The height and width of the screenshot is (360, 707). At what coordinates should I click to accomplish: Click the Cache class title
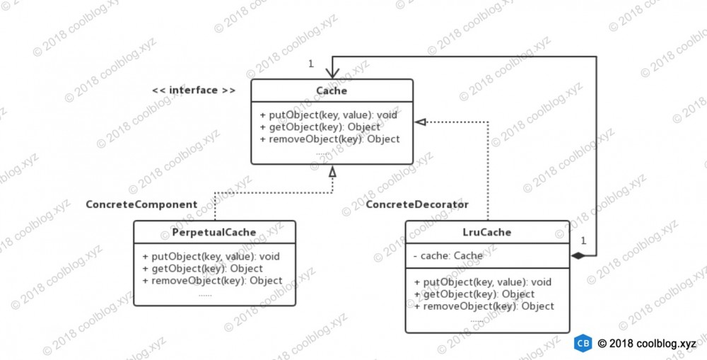point(332,91)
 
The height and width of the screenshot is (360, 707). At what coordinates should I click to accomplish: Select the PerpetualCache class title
point(214,232)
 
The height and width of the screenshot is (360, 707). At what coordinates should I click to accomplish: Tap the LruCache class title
point(487,232)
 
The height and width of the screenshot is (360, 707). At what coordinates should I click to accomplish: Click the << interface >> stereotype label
point(194,91)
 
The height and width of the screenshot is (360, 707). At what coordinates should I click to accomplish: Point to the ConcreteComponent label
point(141,204)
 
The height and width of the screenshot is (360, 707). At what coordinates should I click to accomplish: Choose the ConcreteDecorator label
point(417,204)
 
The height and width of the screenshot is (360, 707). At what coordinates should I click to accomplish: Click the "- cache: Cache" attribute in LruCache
point(448,256)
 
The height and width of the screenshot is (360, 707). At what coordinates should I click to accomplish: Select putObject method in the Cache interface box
point(329,115)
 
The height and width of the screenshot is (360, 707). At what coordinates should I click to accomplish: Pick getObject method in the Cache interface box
point(320,127)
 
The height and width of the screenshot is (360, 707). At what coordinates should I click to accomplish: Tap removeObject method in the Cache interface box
point(329,139)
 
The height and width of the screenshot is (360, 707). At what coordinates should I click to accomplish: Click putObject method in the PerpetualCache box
point(211,257)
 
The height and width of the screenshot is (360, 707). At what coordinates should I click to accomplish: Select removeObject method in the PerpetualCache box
point(212,281)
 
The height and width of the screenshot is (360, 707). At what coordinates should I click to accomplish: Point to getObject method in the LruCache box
point(474,295)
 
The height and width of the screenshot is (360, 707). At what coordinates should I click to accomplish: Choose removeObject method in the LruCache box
point(484,306)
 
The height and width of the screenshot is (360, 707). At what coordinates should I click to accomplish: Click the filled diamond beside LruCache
point(578,256)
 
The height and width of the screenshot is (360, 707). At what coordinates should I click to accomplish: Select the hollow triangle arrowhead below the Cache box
point(332,171)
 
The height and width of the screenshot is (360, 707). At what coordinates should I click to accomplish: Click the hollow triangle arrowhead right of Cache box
point(420,122)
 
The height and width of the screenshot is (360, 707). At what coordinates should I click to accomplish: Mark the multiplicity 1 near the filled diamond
point(583,241)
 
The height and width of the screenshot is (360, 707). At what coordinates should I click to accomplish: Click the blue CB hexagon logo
point(583,343)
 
